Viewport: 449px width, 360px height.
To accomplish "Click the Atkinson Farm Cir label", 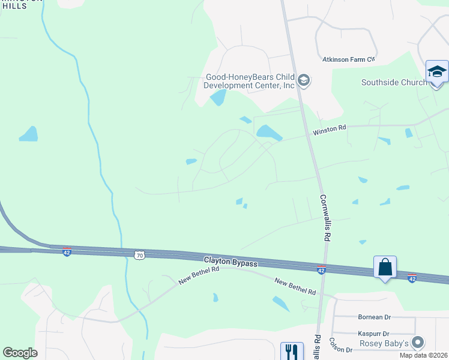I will coord(348,59).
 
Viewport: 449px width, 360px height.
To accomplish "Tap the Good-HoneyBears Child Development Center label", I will coord(250,81).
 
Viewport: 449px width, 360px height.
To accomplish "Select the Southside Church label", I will coord(394,83).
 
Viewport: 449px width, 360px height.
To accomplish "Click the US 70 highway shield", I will coord(140,256).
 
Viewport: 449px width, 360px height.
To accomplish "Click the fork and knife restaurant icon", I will coord(292,351).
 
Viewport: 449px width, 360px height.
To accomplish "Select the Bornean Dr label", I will coord(374,317).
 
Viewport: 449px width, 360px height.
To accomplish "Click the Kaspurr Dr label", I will coord(373,334).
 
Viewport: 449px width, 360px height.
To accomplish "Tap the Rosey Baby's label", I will coord(384,343).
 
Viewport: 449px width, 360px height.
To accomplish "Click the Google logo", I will coord(20,353).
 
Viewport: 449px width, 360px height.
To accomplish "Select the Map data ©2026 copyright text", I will coord(423,355).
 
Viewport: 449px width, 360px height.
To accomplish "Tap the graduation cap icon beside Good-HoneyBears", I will coord(304,81).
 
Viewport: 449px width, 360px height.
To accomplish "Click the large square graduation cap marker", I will coord(437,72).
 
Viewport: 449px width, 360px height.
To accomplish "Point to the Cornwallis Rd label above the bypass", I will coord(325,217).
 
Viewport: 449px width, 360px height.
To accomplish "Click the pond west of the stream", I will coord(28,134).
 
